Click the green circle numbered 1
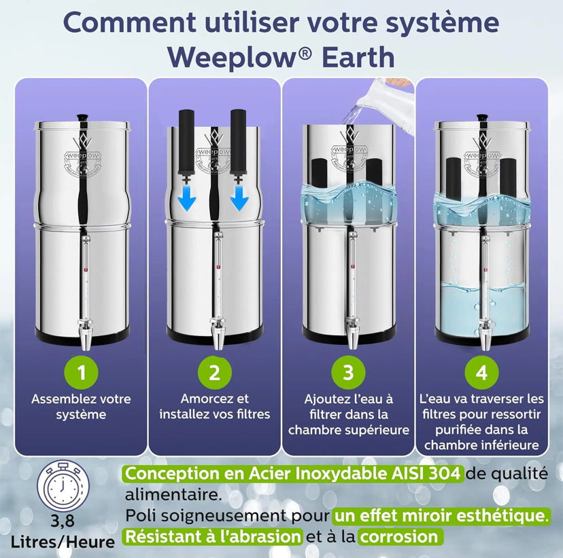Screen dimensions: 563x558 point(81,372)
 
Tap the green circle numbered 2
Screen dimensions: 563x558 point(215,372)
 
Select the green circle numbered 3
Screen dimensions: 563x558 point(348,372)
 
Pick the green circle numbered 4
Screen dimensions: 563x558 point(481,372)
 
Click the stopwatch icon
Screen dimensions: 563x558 point(62,485)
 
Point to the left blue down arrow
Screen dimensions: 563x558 point(187,197)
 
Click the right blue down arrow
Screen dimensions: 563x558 point(239,197)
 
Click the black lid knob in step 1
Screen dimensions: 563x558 point(82,117)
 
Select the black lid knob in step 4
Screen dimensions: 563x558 point(482,117)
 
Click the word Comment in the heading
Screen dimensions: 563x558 point(130,22)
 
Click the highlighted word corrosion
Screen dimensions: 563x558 point(399,536)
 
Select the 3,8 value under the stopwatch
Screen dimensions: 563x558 point(62,521)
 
